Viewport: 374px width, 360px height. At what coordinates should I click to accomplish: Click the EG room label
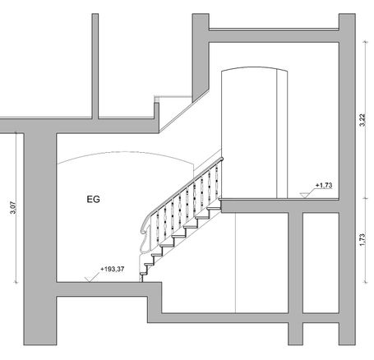point(93,199)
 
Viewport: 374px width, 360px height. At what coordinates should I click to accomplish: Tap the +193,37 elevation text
point(113,269)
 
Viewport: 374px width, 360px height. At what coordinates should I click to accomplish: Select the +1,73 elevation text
point(324,185)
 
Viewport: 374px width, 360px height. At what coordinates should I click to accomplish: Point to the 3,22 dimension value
point(362,120)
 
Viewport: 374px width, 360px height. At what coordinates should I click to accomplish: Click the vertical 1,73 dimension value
point(362,240)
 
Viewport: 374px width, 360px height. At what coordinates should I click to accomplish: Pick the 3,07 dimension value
point(13,208)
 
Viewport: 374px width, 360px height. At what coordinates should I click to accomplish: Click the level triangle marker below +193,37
point(89,279)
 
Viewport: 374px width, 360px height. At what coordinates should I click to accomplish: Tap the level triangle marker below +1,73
point(304,196)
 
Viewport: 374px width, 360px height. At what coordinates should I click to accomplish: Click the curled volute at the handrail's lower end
point(145,228)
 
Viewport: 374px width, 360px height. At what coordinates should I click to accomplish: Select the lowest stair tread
point(144,274)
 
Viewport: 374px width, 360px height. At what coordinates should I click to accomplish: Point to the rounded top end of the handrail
point(221,159)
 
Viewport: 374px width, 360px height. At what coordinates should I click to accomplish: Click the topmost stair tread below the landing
point(214,209)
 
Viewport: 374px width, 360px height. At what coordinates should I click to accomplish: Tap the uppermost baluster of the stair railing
point(217,181)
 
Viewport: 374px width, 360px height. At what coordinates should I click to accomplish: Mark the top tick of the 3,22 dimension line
point(365,42)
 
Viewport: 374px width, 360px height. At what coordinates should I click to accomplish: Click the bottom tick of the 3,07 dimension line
point(16,282)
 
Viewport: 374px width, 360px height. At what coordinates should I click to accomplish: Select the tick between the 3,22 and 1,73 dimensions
point(365,198)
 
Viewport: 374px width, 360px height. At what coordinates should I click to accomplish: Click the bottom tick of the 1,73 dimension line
point(365,282)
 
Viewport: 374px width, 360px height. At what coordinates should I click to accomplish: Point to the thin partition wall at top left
point(95,66)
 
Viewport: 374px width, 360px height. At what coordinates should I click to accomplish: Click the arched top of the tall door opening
point(255,68)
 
